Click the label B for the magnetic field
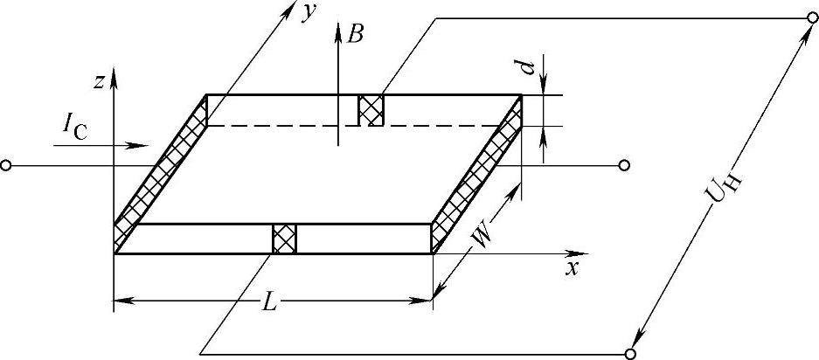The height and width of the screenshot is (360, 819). point(355,35)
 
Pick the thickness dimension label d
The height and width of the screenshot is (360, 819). point(528,67)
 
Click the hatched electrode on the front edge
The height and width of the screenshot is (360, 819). point(285,238)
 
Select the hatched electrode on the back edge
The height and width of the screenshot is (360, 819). point(371,110)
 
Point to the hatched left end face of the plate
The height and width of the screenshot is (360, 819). point(163,170)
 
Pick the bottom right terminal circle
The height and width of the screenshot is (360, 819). point(630,353)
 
